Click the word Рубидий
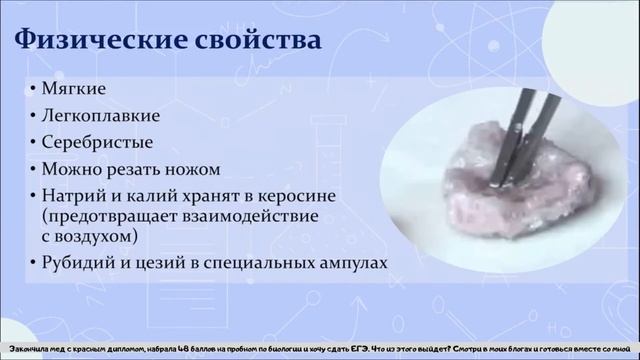(77, 263)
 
